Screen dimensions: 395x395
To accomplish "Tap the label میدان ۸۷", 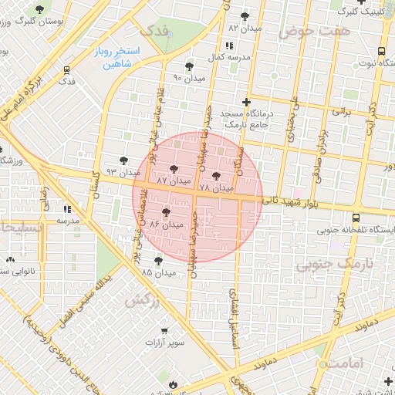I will [x=172, y=179].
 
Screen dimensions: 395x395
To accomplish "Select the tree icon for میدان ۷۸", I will [x=215, y=176].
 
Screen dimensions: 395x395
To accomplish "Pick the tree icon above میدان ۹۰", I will [x=190, y=67].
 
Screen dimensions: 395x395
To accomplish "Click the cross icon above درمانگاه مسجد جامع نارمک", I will [x=246, y=102].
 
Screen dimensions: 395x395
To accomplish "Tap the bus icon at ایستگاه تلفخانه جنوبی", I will [x=356, y=218].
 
